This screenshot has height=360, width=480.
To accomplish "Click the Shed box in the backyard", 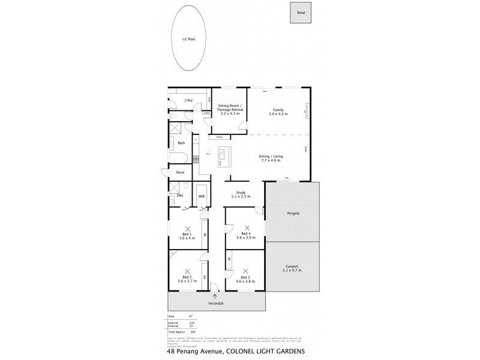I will pos(301,13).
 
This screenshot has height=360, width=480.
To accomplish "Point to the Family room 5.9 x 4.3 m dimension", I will pos(278,114).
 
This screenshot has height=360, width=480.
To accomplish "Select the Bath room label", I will pos(181,143).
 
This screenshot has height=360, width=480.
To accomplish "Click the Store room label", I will pos(180,173).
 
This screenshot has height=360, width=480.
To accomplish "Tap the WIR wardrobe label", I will pos(202,196).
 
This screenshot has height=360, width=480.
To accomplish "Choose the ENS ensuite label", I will pos(179,196).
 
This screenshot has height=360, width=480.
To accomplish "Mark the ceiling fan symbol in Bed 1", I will pos(187,228).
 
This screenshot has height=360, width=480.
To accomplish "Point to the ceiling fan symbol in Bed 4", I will pos(245,227).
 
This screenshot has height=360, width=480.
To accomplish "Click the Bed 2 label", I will pos(187,277).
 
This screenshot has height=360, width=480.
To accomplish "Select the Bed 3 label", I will pos(245,277).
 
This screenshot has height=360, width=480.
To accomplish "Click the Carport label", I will pos(292,266).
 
